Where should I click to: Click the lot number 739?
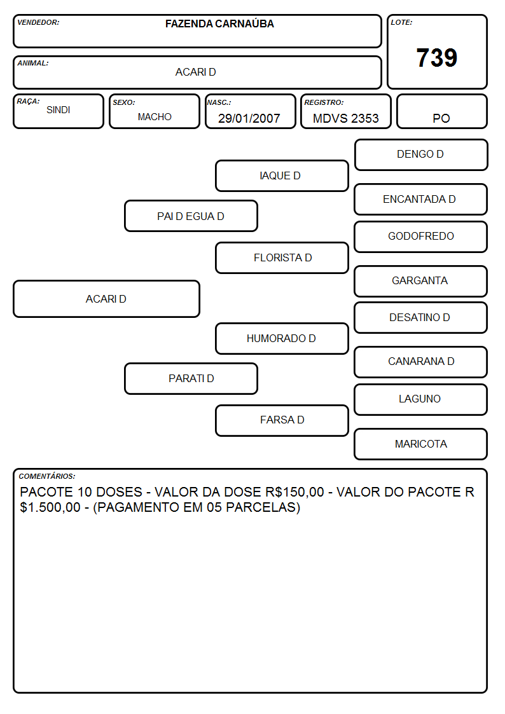(437, 58)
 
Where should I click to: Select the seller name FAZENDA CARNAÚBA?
(219, 24)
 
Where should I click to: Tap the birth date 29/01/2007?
(249, 118)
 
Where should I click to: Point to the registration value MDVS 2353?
(345, 118)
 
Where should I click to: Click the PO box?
(441, 111)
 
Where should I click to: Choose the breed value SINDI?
(59, 110)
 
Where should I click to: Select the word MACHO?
(155, 117)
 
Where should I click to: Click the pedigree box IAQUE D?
(282, 175)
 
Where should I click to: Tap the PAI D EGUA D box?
(191, 216)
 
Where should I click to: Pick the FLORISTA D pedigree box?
(282, 257)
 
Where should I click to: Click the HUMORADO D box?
(282, 339)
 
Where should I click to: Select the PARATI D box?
(191, 379)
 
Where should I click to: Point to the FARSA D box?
(282, 420)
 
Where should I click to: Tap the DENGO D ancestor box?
(421, 155)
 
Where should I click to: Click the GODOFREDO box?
(421, 237)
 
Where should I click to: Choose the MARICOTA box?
(421, 444)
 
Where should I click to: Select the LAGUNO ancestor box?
(421, 399)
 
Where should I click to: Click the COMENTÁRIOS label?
(47, 476)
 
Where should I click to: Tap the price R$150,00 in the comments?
(294, 492)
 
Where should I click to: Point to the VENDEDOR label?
(38, 22)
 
